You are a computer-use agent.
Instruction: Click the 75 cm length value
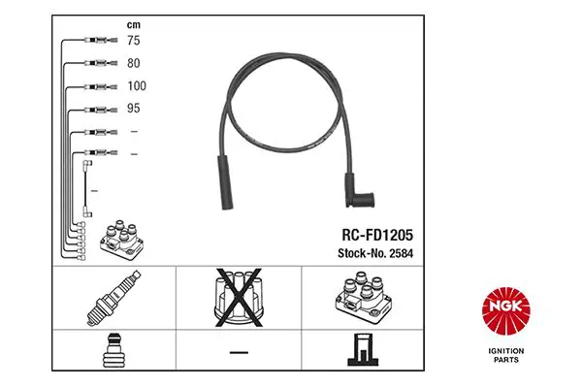pyautogui.click(x=134, y=40)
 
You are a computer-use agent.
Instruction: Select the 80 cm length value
pyautogui.click(x=134, y=63)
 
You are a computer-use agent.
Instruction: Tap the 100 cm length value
pyautogui.click(x=137, y=86)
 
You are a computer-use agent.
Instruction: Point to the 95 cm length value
pyautogui.click(x=134, y=109)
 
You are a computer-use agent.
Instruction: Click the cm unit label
pyautogui.click(x=134, y=25)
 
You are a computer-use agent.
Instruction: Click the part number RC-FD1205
pyautogui.click(x=377, y=235)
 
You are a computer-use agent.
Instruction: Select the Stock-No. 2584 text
pyautogui.click(x=375, y=253)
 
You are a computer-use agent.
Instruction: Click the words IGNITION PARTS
pyautogui.click(x=506, y=355)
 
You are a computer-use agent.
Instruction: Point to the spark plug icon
pyautogui.click(x=113, y=298)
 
